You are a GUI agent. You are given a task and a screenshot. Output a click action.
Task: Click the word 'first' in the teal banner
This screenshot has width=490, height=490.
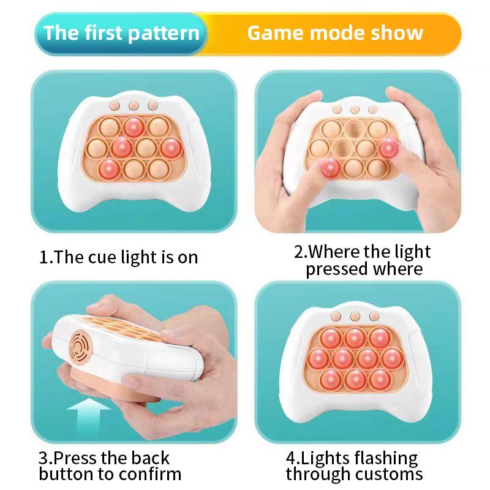(103, 32)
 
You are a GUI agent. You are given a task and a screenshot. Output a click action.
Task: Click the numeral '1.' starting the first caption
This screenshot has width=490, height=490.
(47, 257)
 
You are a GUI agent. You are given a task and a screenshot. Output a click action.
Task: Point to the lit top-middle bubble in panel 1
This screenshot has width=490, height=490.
(134, 127)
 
